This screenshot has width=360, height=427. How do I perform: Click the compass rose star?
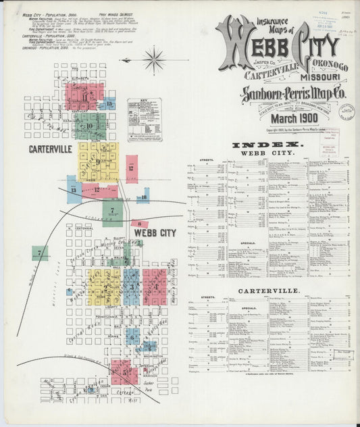coord(155,60)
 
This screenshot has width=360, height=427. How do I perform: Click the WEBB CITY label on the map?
coord(155,233)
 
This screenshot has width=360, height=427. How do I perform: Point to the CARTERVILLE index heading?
coord(269,291)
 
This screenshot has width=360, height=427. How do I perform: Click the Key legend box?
coord(145,120)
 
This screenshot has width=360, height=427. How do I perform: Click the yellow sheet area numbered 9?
coord(99,161)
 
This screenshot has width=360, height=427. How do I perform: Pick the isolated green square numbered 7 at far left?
coord(40,253)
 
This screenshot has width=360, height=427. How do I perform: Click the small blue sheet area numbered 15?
coord(108,103)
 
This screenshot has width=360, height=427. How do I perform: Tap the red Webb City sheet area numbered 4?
coord(155,286)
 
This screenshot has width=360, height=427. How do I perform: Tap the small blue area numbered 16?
coord(143,197)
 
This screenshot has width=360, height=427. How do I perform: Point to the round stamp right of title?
coord(347,111)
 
